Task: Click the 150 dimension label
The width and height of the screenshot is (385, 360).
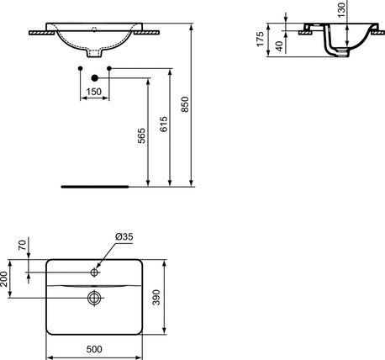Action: pos(95,90)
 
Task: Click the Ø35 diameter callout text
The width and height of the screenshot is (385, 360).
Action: pos(124,238)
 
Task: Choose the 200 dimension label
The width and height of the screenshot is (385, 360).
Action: pos(8,278)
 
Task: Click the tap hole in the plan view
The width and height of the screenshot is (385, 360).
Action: pos(95,272)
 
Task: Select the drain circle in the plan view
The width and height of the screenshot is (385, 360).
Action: pos(95,296)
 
